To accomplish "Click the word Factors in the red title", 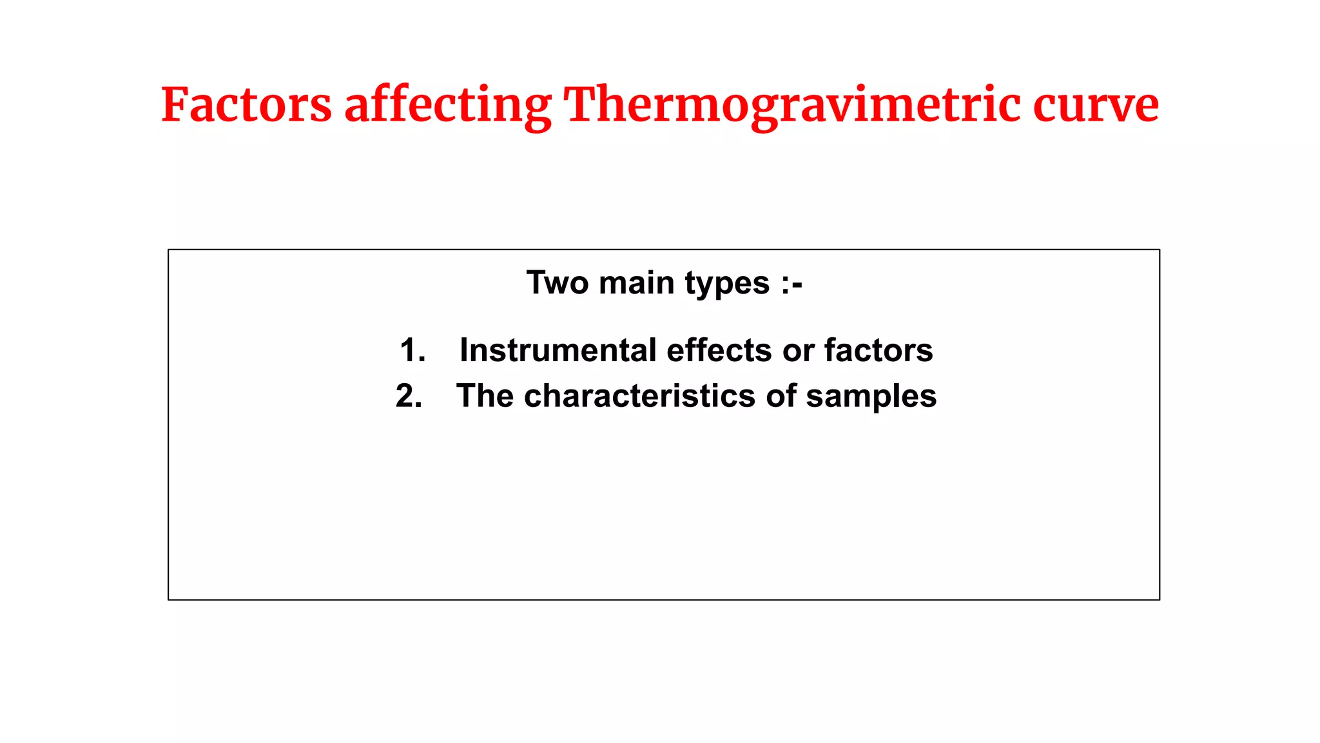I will (x=246, y=105).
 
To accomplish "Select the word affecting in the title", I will (x=448, y=106).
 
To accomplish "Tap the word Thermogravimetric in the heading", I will (x=792, y=106).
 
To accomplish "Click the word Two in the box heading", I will (x=557, y=283).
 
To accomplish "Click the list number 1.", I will (x=412, y=351).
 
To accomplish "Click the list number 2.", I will (x=409, y=396).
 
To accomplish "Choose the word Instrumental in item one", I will (x=558, y=351).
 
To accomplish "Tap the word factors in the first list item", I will (x=878, y=351).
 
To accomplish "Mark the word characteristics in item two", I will (x=640, y=396).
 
